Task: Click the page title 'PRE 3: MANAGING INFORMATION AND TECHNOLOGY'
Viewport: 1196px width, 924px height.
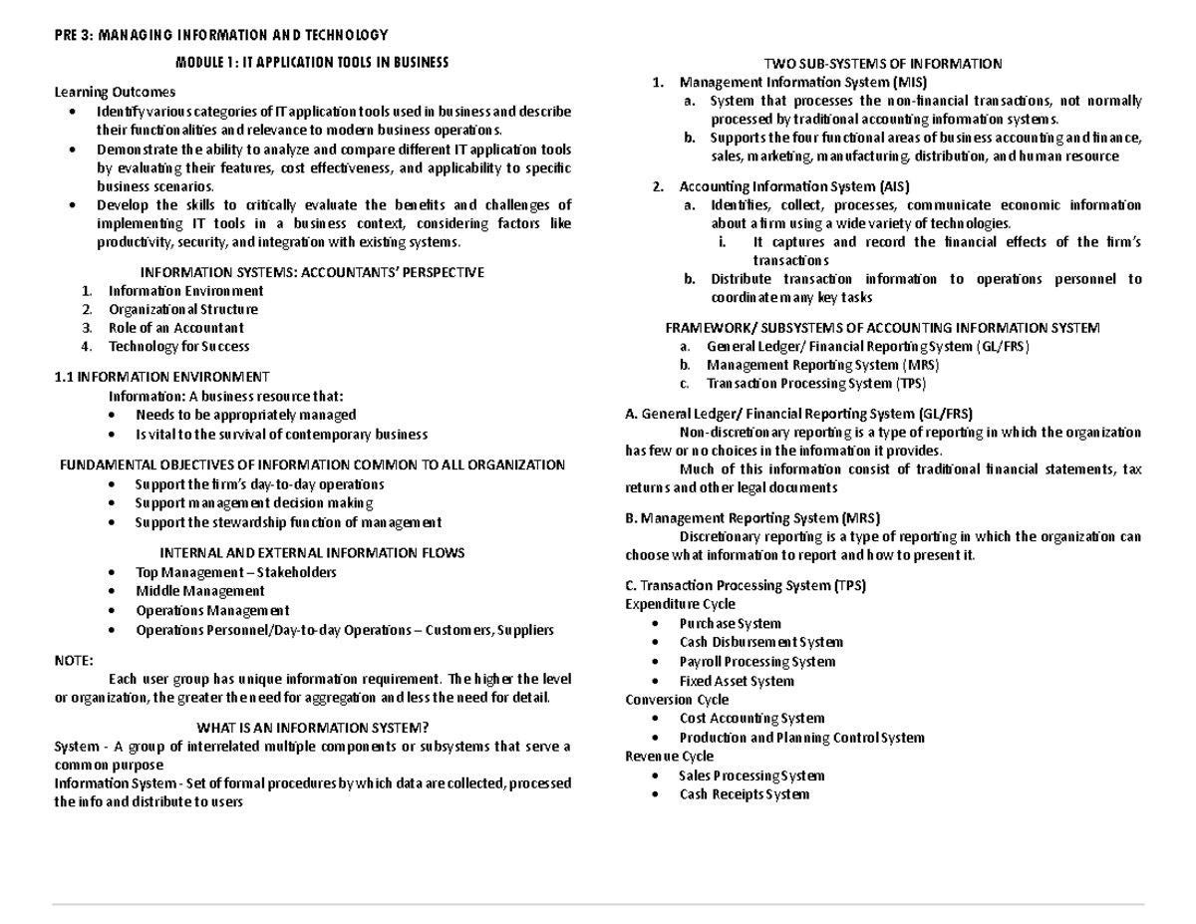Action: [221, 36]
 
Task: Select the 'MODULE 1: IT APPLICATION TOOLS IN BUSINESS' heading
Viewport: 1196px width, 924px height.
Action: [312, 62]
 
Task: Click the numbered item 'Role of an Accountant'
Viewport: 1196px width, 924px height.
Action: [175, 328]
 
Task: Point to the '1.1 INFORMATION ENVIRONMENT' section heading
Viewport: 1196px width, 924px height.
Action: [160, 377]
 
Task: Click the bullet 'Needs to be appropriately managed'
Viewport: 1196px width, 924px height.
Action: [245, 415]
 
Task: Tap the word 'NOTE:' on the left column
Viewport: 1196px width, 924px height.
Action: [73, 660]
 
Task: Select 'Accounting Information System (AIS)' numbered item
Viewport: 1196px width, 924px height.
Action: [793, 186]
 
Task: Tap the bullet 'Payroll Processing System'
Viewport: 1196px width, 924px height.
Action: [756, 662]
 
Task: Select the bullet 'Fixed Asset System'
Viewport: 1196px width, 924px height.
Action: [737, 682]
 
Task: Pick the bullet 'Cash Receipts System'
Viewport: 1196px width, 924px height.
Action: [744, 794]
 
